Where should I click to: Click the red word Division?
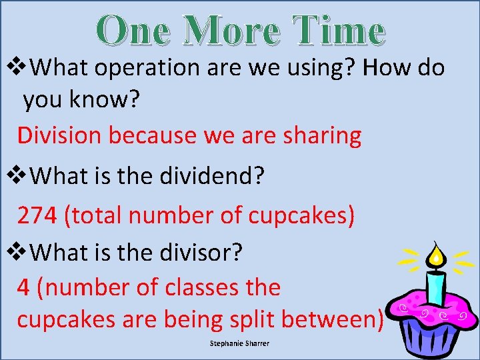60,135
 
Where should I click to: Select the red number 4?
23,287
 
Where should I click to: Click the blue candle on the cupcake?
436,287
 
